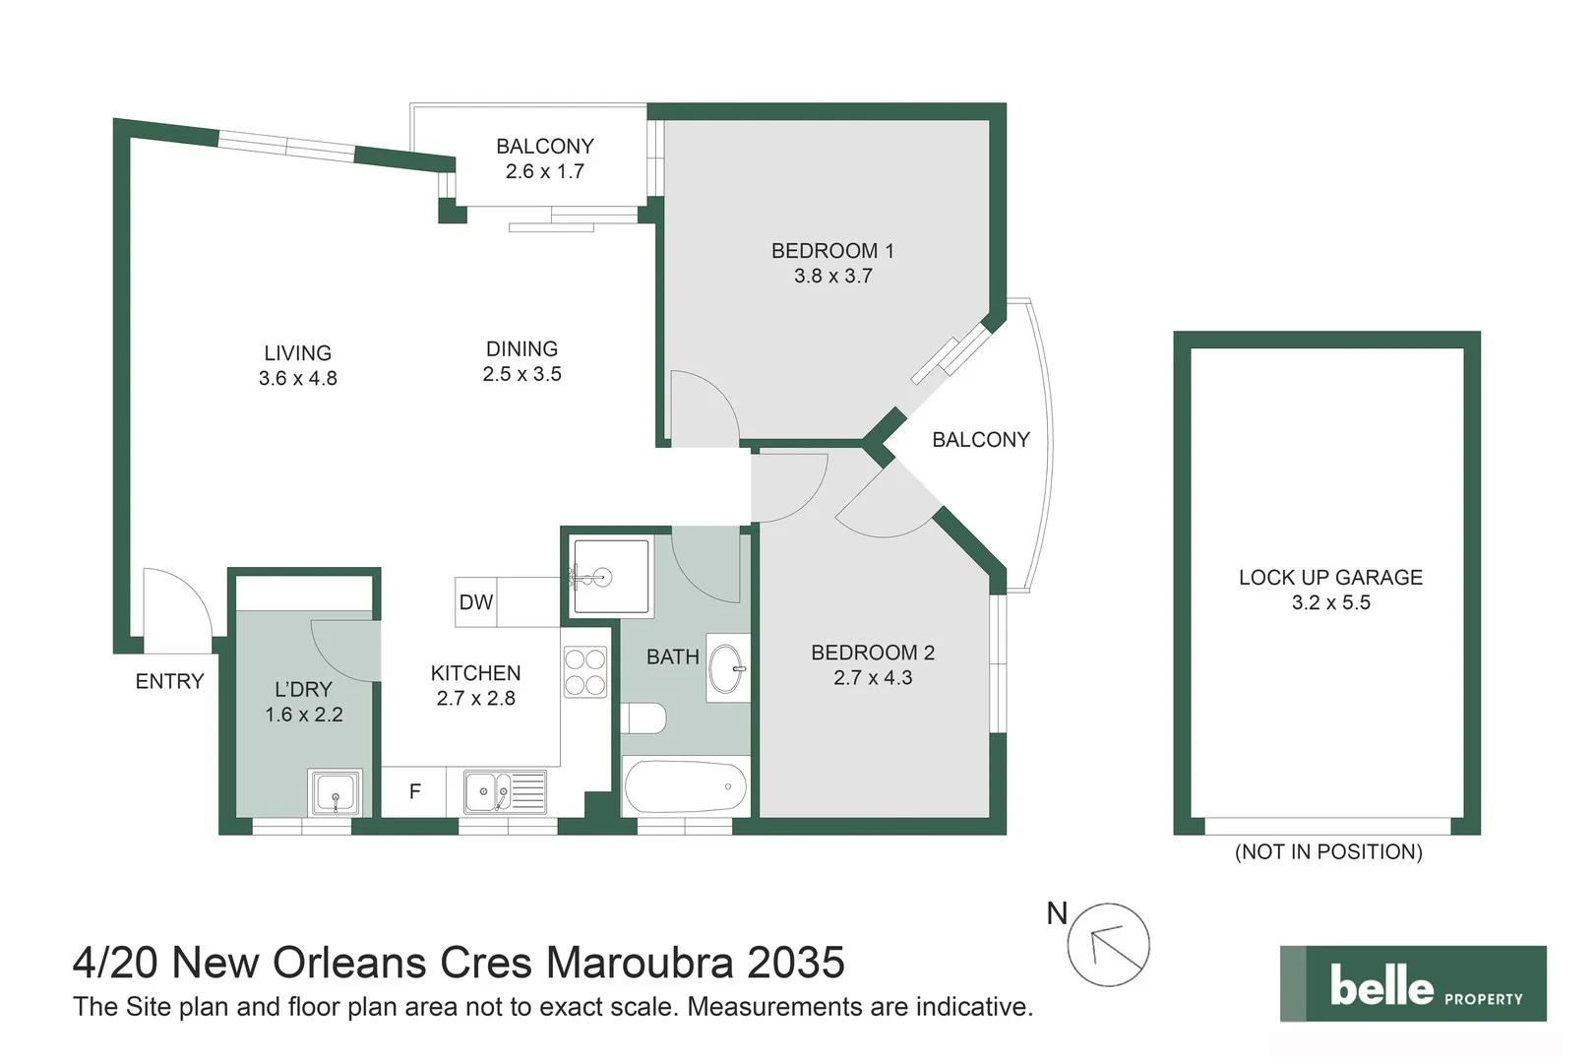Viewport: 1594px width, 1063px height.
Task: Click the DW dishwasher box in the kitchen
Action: tap(475, 601)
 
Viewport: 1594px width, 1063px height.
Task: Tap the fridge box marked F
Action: tap(414, 791)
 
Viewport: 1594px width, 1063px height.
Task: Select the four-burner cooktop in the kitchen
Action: tap(584, 671)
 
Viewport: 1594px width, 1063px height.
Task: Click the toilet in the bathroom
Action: tap(644, 719)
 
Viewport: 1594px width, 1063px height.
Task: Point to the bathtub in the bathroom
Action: tap(685, 786)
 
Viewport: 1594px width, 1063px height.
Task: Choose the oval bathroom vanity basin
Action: tap(726, 668)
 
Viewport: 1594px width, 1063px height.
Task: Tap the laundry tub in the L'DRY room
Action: tap(336, 792)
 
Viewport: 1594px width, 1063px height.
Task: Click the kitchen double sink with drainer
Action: tap(505, 791)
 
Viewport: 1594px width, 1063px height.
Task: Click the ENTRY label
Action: tap(169, 681)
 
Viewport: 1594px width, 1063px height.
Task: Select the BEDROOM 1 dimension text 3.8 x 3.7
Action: tap(832, 276)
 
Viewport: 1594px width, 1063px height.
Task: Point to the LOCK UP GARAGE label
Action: tap(1330, 577)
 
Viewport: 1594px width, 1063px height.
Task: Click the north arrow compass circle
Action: tap(1108, 945)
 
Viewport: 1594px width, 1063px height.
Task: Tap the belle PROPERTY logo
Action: tap(1413, 983)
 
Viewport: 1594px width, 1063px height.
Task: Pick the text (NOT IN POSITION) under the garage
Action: tap(1328, 851)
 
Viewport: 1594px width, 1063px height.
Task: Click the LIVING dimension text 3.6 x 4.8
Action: tap(297, 378)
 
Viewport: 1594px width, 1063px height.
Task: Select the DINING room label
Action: tap(521, 348)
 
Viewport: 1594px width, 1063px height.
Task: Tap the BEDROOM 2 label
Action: tap(873, 653)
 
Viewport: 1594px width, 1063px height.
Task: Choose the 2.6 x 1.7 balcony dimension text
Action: tap(544, 171)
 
